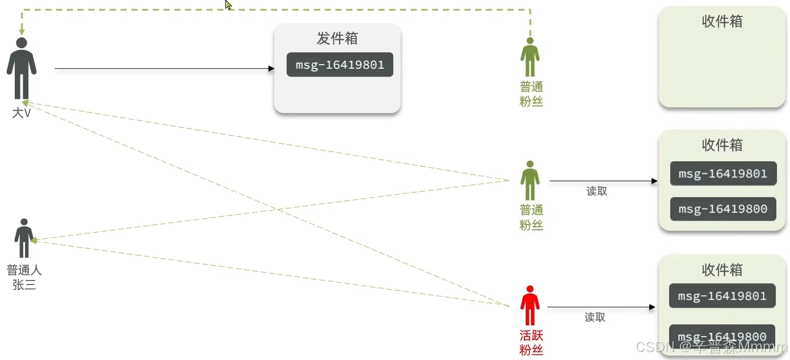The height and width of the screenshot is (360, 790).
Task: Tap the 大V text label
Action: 22,113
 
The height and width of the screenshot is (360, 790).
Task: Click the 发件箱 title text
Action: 337,39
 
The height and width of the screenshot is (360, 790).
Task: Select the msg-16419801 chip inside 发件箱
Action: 339,65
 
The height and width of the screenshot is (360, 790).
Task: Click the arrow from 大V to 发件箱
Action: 165,69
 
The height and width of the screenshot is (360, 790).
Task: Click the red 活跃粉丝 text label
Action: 531,342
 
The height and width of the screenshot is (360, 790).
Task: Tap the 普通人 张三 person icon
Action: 24,238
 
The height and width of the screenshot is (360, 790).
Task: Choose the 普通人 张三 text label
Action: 24,277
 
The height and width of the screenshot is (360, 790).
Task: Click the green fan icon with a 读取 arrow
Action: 530,181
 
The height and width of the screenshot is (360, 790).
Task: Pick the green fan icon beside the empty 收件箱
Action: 530,57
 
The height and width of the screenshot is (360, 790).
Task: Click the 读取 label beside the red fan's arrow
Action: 595,317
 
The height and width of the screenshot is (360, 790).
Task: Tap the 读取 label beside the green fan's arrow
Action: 596,191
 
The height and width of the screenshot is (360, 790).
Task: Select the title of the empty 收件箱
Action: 722,22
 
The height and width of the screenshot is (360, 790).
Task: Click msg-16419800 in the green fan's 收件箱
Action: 722,209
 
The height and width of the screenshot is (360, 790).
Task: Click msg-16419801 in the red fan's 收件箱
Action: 722,296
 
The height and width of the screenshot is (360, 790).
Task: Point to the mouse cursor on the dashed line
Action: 228,5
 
